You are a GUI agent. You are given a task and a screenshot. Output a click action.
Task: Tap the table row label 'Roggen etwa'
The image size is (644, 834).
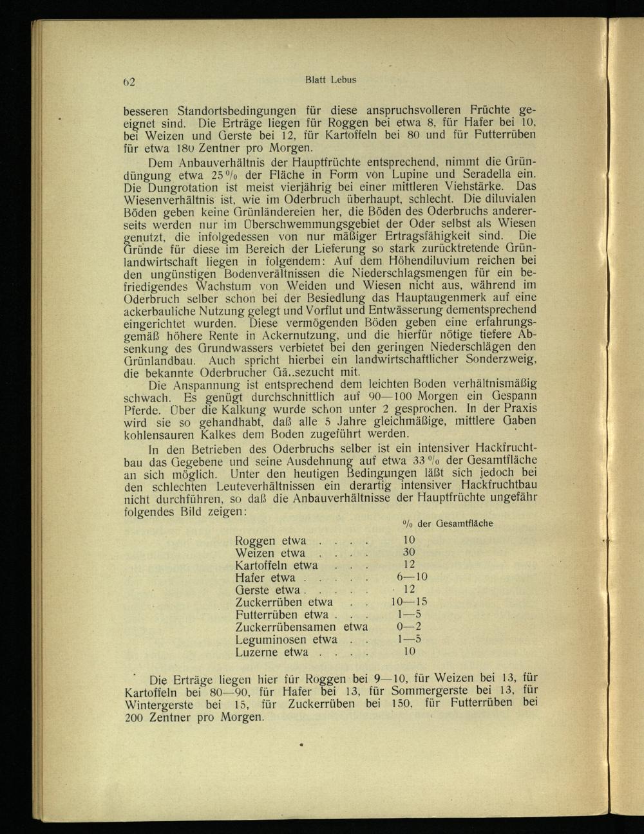click(x=270, y=541)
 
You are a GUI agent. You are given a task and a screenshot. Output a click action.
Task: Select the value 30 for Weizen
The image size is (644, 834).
click(x=409, y=553)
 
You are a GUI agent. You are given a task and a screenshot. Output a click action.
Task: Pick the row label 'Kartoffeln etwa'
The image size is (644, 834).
click(x=276, y=566)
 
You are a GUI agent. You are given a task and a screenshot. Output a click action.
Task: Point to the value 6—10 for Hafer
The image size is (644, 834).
click(x=412, y=578)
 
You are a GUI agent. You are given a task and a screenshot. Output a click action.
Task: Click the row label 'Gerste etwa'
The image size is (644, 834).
click(x=268, y=590)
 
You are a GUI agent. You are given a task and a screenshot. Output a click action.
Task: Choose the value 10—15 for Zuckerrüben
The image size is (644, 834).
click(x=409, y=602)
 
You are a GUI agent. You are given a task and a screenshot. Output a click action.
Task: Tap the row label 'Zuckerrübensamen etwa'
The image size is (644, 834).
click(x=301, y=627)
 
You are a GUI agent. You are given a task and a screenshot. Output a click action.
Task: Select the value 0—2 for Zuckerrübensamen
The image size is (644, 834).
click(x=409, y=627)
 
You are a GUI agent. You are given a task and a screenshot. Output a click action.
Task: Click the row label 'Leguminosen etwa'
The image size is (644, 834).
click(x=286, y=640)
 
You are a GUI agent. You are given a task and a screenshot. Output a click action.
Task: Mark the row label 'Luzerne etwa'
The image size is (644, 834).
click(x=271, y=652)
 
